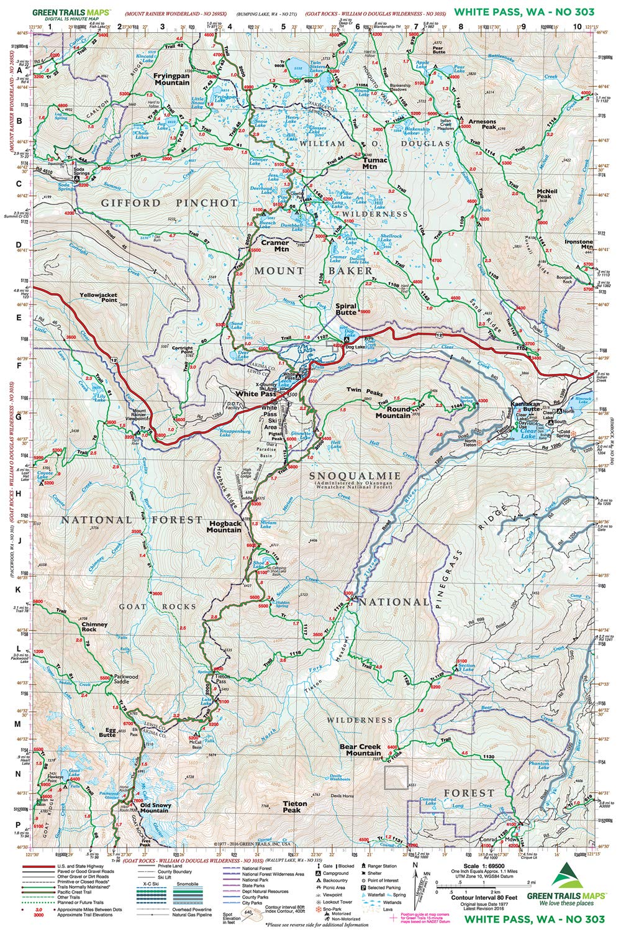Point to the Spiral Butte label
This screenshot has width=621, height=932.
[x=346, y=309]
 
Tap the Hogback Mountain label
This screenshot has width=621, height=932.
[x=224, y=526]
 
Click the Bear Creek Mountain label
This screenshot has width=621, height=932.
[x=360, y=749]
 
